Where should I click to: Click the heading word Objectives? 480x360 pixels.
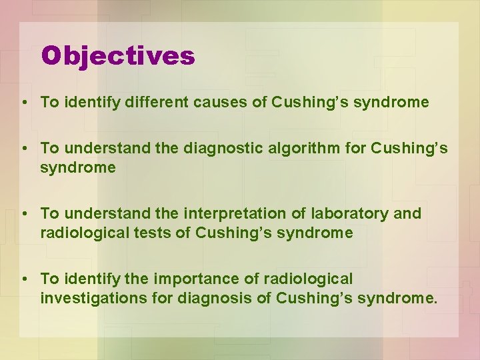[x=118, y=56]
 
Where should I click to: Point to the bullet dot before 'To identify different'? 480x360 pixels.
[x=23, y=103]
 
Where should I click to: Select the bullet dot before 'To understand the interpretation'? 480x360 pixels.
[x=23, y=214]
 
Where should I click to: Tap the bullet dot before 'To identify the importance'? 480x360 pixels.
[x=23, y=279]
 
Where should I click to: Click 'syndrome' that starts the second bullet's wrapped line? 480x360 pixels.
[x=77, y=167]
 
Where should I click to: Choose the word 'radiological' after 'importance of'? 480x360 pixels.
[x=312, y=279]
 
